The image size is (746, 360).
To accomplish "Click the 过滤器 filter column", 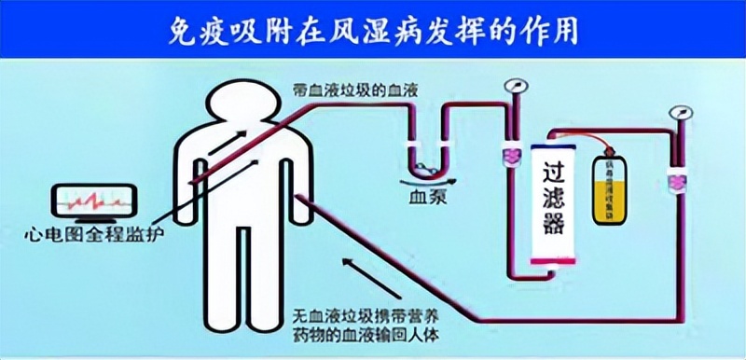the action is (x=552, y=197).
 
